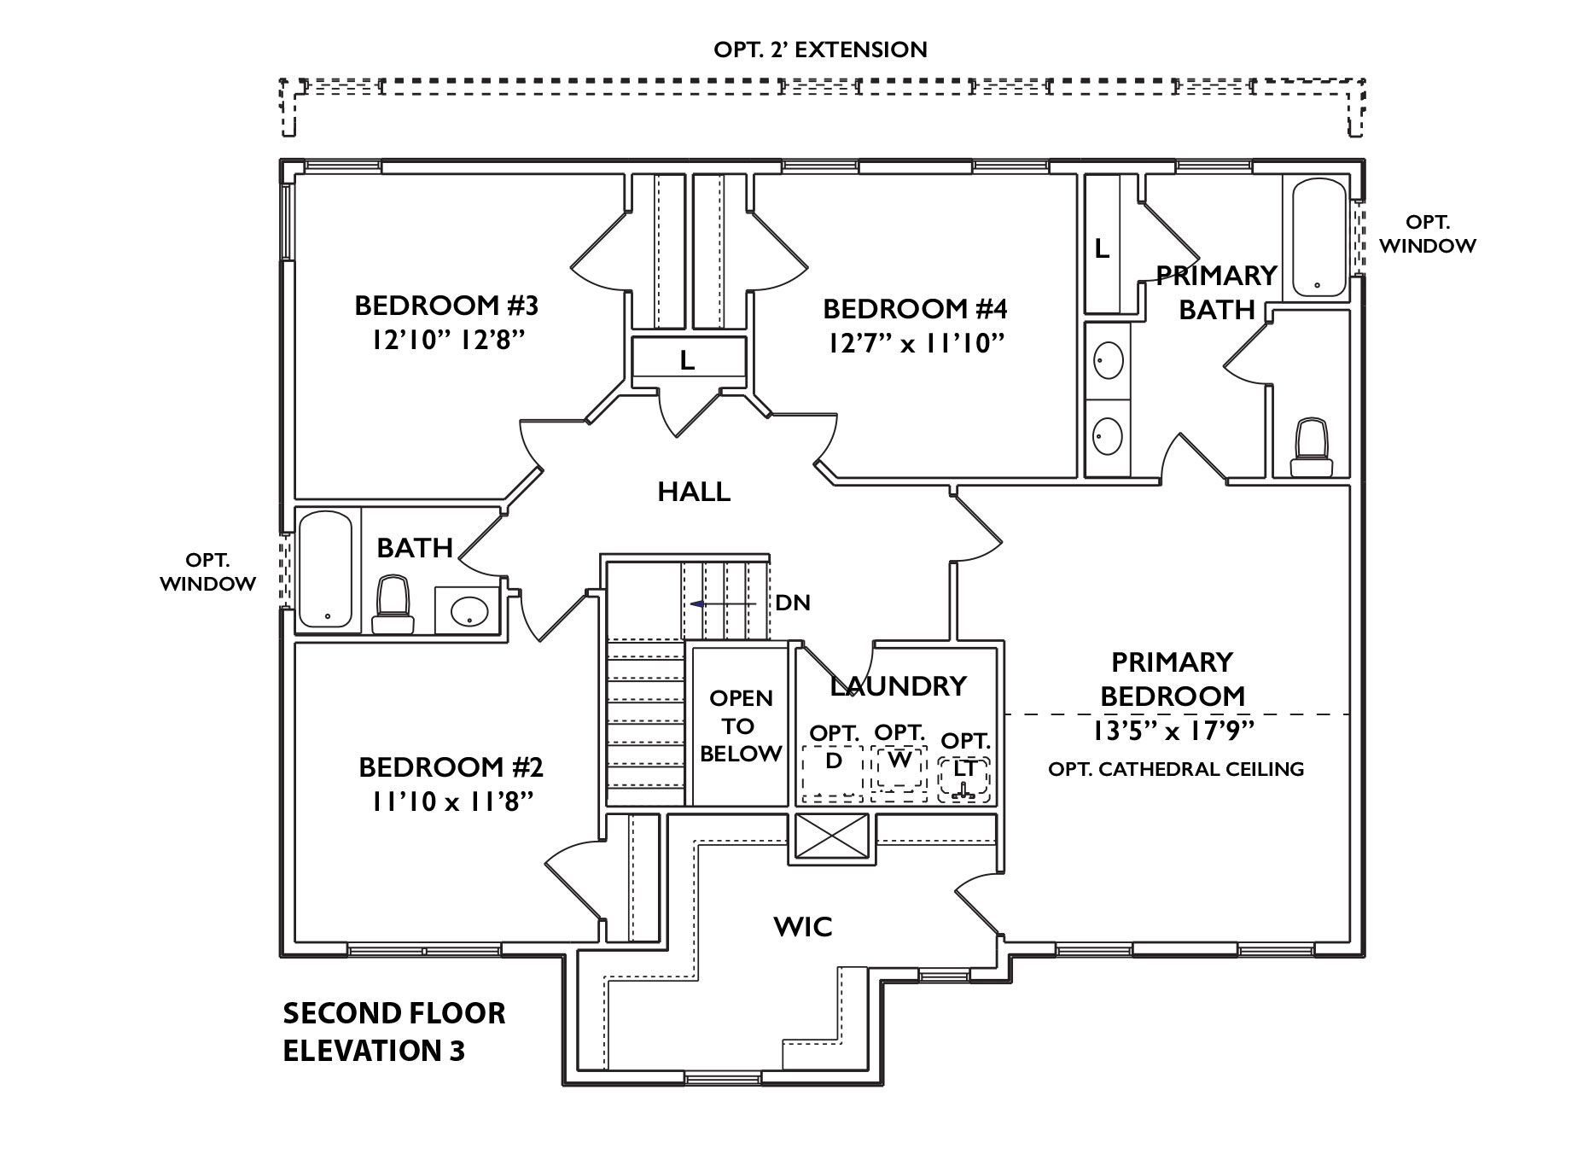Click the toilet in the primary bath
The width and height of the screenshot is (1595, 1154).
click(1312, 447)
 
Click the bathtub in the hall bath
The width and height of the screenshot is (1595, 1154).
click(325, 568)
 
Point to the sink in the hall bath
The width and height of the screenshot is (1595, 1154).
click(468, 610)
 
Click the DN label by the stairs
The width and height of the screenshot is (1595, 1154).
click(792, 603)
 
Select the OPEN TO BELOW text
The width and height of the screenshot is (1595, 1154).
click(740, 726)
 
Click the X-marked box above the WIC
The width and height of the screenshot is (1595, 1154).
click(831, 836)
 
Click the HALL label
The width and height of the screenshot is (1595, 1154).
click(694, 492)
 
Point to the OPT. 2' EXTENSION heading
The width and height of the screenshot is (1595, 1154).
click(820, 50)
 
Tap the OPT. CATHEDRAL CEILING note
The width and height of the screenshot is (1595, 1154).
click(1175, 769)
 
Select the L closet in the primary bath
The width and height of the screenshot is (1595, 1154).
click(1102, 249)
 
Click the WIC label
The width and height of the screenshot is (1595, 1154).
click(802, 926)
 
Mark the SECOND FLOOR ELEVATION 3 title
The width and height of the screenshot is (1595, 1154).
click(393, 1032)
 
